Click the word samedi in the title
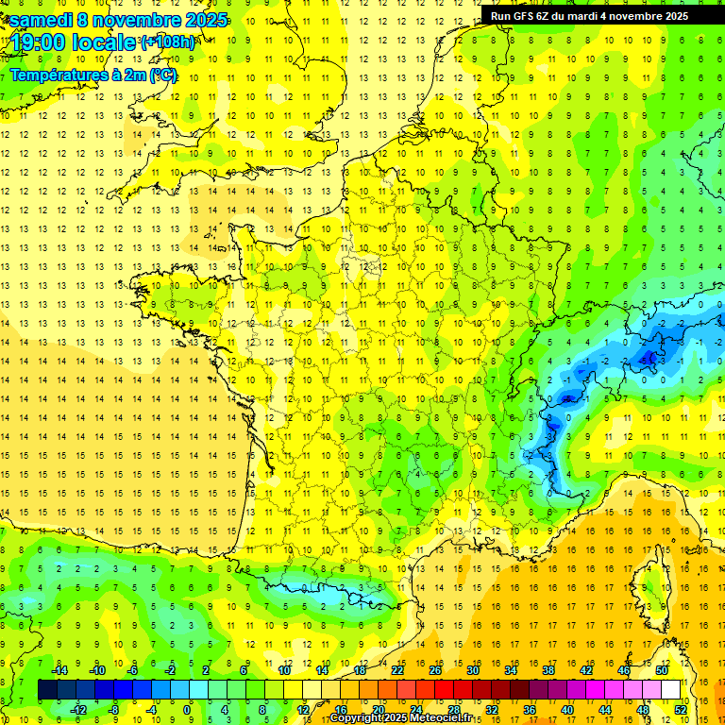click(42, 20)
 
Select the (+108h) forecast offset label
click(168, 42)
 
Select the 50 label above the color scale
click(661, 670)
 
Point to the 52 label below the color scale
click(681, 710)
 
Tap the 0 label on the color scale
click(187, 710)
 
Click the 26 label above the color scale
click(435, 670)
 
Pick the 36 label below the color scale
click(530, 710)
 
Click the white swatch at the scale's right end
click(670, 690)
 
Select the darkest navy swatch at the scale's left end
click(47, 690)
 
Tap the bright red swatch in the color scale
click(444, 690)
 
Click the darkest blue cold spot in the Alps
click(649, 358)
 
